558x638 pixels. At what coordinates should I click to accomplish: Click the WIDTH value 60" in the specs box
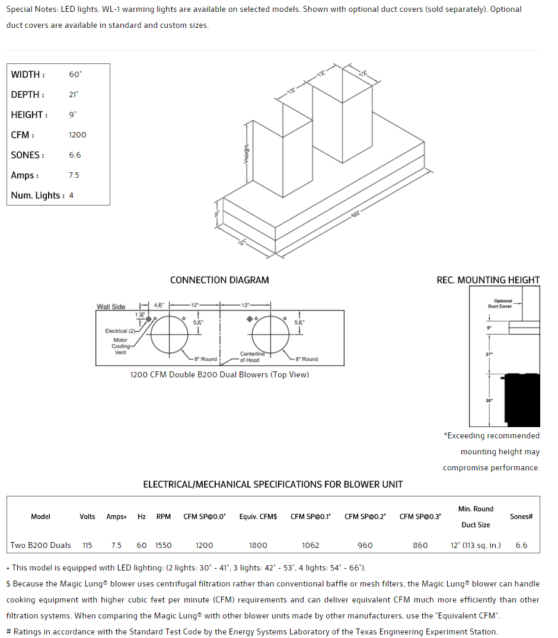pos(75,75)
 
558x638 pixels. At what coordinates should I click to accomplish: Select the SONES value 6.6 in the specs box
pos(75,155)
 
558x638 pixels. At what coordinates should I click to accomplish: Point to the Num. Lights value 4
pos(71,195)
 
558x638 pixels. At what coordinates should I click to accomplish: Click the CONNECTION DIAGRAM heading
pos(219,280)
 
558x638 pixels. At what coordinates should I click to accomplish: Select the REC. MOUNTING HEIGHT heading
pos(488,280)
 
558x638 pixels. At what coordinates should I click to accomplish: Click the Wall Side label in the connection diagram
pos(111,307)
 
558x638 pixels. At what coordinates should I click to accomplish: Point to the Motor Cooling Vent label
pos(120,347)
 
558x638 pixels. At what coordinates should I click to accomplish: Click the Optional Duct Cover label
pos(503,303)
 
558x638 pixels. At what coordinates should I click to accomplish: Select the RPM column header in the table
pos(164,517)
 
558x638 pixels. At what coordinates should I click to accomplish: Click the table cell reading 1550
pos(164,545)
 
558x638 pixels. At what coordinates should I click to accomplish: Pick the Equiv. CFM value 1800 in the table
pos(258,545)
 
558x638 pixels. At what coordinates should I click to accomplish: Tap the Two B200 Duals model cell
pos(41,545)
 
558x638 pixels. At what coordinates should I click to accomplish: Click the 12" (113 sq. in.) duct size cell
pos(476,545)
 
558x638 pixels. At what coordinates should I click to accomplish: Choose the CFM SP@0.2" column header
pos(365,517)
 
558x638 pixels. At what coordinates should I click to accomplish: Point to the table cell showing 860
pos(420,545)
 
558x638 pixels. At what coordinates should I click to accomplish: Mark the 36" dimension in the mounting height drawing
pos(489,400)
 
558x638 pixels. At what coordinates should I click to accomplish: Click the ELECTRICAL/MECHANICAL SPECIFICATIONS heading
pos(273,485)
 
